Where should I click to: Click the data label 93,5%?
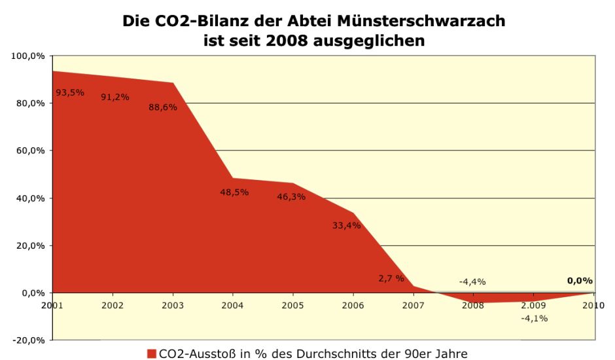tap(69, 92)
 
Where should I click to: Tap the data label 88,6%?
tap(162, 107)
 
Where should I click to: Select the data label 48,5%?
tap(234, 192)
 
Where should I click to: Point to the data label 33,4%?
tap(346, 225)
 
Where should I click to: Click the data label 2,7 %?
tap(391, 278)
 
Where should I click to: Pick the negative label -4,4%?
tap(472, 281)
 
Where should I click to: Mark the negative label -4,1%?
tap(534, 318)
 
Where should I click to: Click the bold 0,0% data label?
tap(580, 280)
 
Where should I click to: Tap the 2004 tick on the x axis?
tap(232, 305)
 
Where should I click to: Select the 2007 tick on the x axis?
tap(413, 305)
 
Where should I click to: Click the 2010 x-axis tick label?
tap(593, 305)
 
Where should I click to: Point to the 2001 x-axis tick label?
tap(52, 305)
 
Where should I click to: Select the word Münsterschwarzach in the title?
tap(421, 21)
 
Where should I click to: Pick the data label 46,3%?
tap(291, 196)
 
